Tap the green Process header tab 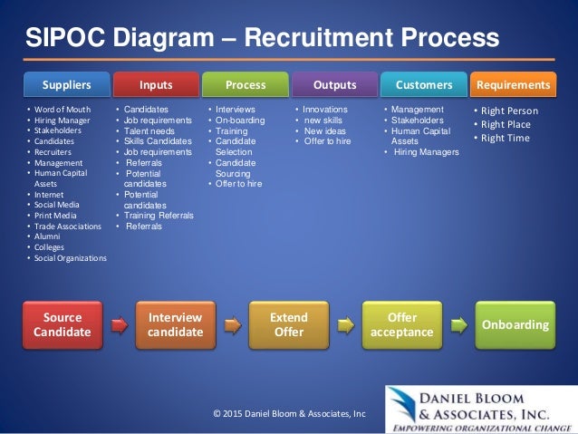pyautogui.click(x=245, y=85)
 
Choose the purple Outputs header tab pyautogui.click(x=334, y=85)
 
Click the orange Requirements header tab pyautogui.click(x=513, y=85)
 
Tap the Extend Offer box pyautogui.click(x=289, y=325)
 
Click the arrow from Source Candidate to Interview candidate pyautogui.click(x=119, y=323)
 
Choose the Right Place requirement pyautogui.click(x=506, y=124)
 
